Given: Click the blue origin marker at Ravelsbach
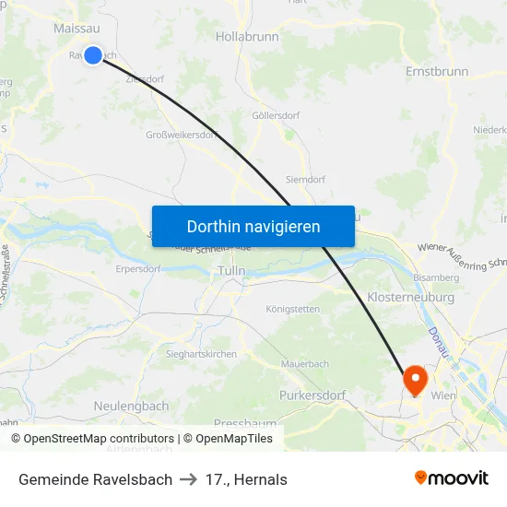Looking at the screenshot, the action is (x=93, y=55).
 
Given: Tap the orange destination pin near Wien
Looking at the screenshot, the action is (x=415, y=378).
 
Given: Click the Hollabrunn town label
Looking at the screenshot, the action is (x=245, y=37).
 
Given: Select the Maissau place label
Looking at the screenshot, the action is (x=77, y=29).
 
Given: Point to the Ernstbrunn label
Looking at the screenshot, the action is (x=437, y=71).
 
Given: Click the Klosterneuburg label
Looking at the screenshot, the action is (x=410, y=298).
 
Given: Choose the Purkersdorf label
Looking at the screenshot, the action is (x=312, y=395).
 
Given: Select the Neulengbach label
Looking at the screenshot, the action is (x=131, y=406).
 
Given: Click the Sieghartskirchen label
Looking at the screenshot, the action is (x=201, y=354).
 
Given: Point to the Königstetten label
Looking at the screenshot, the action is (x=292, y=309).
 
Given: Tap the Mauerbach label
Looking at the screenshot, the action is (x=304, y=364).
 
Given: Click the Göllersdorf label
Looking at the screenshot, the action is (x=274, y=116).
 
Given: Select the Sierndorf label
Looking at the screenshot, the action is (x=304, y=180).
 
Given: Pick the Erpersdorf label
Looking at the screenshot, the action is (x=138, y=269).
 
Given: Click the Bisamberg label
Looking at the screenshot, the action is (x=436, y=277).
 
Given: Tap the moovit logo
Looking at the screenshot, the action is (x=451, y=478).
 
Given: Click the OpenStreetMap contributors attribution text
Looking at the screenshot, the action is (x=99, y=439).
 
